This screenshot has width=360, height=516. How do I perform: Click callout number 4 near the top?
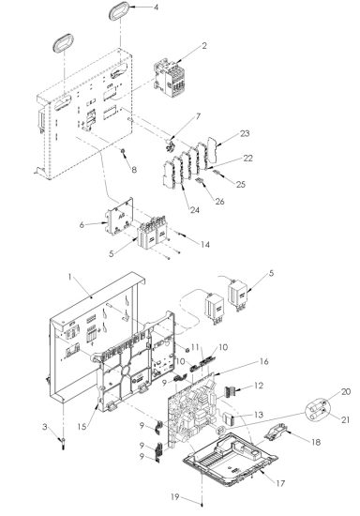(x=156, y=7)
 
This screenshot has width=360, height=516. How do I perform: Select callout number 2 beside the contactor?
(x=178, y=44)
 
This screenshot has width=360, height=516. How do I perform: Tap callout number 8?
(x=134, y=170)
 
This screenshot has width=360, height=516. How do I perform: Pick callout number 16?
(x=238, y=360)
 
